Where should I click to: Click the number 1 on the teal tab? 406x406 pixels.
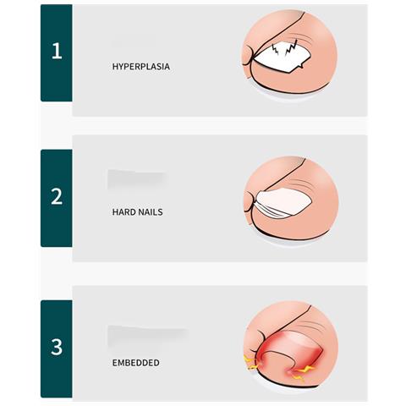57,51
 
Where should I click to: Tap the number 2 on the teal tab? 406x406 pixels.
57,196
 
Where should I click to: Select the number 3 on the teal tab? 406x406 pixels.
57,347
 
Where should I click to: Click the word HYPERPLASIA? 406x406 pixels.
141,67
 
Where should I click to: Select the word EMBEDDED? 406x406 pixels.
136,363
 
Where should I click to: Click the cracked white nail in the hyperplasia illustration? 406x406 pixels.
282,58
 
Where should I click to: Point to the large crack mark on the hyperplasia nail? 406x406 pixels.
291,48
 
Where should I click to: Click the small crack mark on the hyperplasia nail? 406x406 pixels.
275,50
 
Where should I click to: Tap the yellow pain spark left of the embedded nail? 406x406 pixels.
250,362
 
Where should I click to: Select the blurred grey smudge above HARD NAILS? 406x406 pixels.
137,179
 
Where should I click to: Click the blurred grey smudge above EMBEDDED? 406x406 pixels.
147,336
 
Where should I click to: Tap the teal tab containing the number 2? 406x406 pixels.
57,198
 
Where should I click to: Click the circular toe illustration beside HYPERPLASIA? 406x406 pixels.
290,52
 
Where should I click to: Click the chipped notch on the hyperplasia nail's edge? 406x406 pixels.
301,65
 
